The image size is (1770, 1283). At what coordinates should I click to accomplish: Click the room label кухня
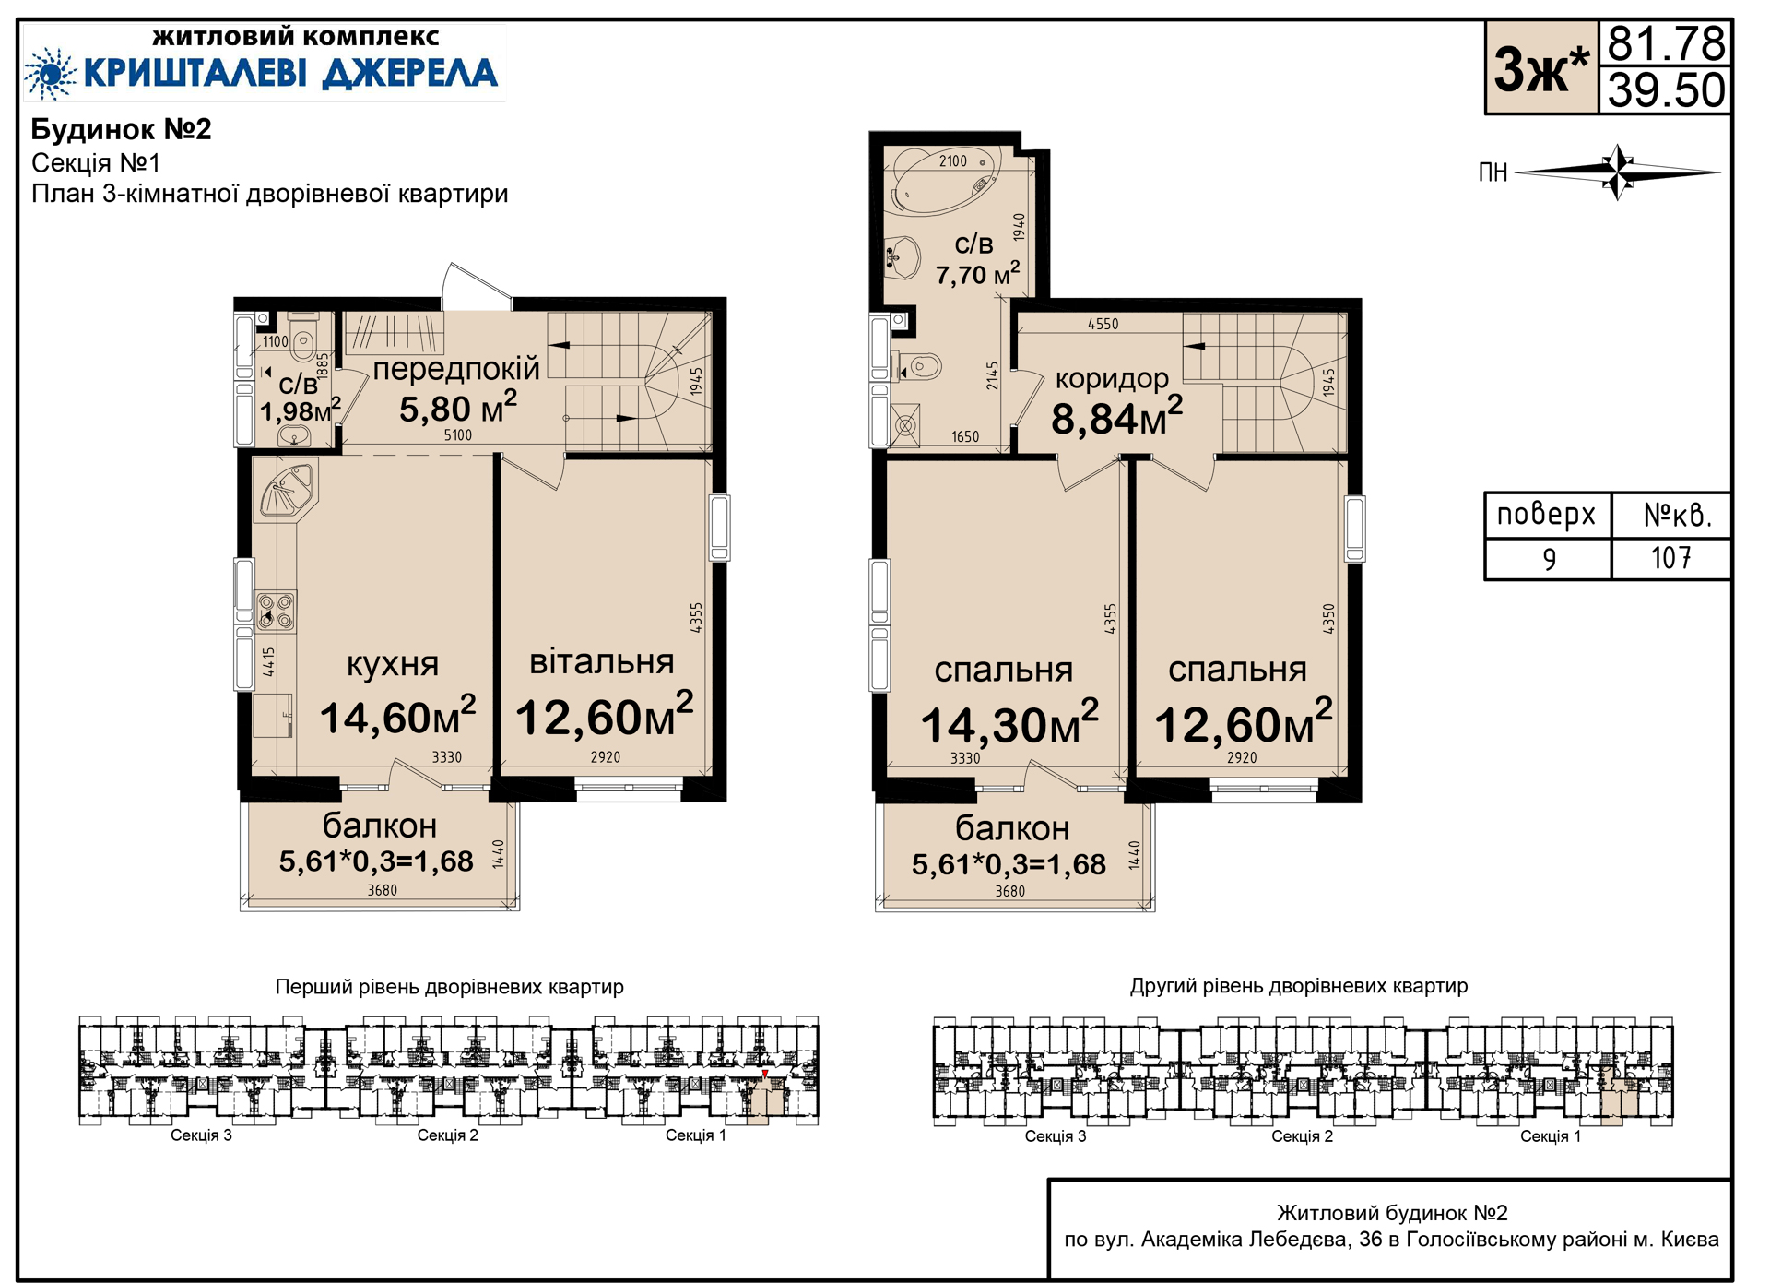point(392,664)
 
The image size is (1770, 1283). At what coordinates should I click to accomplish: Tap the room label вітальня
point(602,661)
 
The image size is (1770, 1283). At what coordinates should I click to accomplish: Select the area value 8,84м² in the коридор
point(1116,417)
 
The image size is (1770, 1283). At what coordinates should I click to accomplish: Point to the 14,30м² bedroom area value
point(1009,723)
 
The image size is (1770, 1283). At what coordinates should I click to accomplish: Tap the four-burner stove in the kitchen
point(276,611)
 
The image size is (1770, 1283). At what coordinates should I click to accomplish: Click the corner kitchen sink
point(288,491)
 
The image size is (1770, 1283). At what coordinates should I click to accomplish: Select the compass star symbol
point(1618,172)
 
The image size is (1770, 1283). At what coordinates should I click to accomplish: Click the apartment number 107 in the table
point(1670,558)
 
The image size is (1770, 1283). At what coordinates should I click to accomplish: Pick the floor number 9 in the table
point(1549,559)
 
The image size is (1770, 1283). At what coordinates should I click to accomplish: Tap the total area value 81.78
point(1666,42)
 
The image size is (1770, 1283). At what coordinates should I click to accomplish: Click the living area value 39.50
point(1666,90)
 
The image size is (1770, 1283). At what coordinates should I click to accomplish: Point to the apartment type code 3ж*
point(1541,68)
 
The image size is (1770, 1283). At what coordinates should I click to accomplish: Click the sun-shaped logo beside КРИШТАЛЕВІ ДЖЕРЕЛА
point(50,73)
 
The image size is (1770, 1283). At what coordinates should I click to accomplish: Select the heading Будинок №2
point(121,129)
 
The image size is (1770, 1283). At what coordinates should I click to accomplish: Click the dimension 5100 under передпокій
point(458,435)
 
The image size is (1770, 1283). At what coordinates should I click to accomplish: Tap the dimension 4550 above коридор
point(1103,324)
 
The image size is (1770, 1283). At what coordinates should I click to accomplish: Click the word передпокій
point(456,368)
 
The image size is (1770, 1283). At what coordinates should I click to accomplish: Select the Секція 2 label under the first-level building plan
point(448,1135)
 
